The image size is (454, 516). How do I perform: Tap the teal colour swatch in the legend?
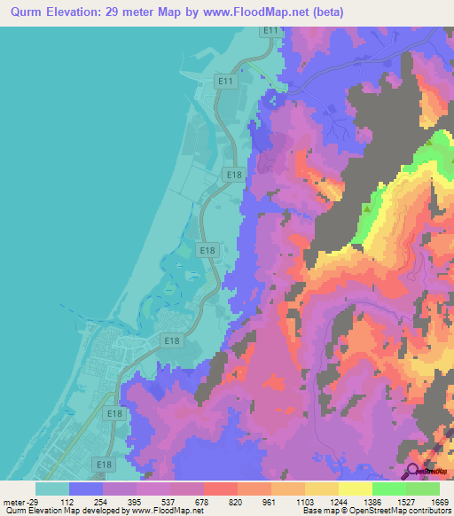tap(52, 489)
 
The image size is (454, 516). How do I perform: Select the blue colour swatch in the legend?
tap(86, 489)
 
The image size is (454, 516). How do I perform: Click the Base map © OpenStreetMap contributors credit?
tap(374, 511)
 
